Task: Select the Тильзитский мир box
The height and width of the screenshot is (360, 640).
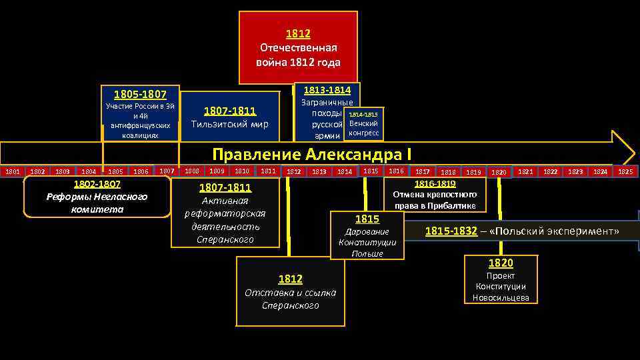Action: tap(230, 117)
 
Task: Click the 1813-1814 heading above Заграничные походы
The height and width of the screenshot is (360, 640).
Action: tap(327, 90)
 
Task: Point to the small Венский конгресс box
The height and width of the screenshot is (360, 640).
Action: tap(363, 124)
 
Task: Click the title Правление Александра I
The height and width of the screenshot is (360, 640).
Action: tap(307, 155)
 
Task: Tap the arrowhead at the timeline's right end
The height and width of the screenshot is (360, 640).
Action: tap(623, 147)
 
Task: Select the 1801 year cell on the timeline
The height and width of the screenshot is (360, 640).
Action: tap(13, 172)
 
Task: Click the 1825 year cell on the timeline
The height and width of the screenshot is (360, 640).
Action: tap(625, 172)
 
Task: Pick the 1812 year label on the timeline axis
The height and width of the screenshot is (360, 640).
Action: tap(293, 172)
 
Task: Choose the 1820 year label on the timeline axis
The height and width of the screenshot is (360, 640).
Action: tap(499, 172)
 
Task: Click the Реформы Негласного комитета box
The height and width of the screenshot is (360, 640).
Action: tap(97, 197)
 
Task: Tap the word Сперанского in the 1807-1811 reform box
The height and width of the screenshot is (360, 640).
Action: tap(225, 239)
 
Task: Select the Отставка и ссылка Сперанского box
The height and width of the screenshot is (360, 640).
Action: tap(290, 292)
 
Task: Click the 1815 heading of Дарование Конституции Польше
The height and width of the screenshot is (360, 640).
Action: tap(367, 219)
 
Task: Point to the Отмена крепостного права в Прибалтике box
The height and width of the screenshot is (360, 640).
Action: tap(435, 194)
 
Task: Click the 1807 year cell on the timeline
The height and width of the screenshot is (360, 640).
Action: tap(167, 171)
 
